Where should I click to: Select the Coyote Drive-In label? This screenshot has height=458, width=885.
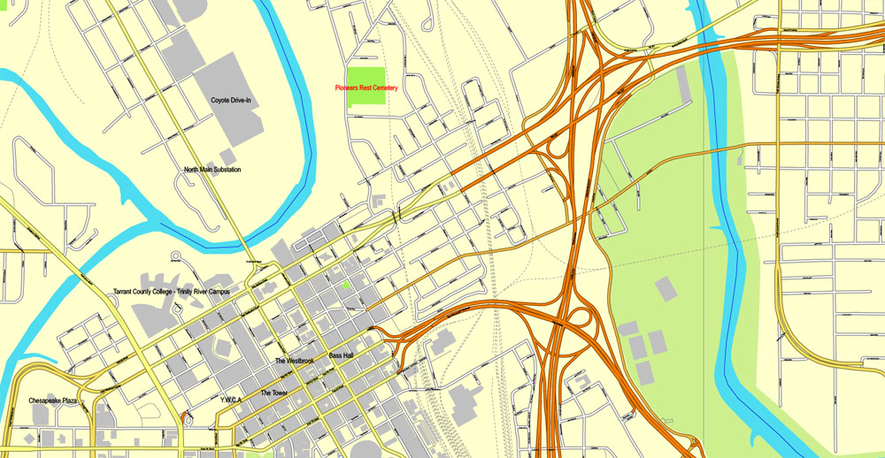[x=231, y=101]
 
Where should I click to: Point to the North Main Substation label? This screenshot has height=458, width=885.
[x=212, y=169]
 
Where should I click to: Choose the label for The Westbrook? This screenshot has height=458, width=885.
[x=295, y=362]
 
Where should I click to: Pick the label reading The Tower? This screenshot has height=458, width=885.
[x=274, y=393]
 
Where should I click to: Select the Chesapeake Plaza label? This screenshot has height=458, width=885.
[x=56, y=401]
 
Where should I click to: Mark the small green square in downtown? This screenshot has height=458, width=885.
[x=345, y=285]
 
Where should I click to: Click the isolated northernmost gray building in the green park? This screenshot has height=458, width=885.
[x=663, y=288]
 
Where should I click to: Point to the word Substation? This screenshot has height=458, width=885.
[x=224, y=169]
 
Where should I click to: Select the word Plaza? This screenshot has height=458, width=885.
[x=74, y=401]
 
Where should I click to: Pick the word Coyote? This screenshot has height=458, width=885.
[x=221, y=101]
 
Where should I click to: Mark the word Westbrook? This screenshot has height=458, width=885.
[x=300, y=362]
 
